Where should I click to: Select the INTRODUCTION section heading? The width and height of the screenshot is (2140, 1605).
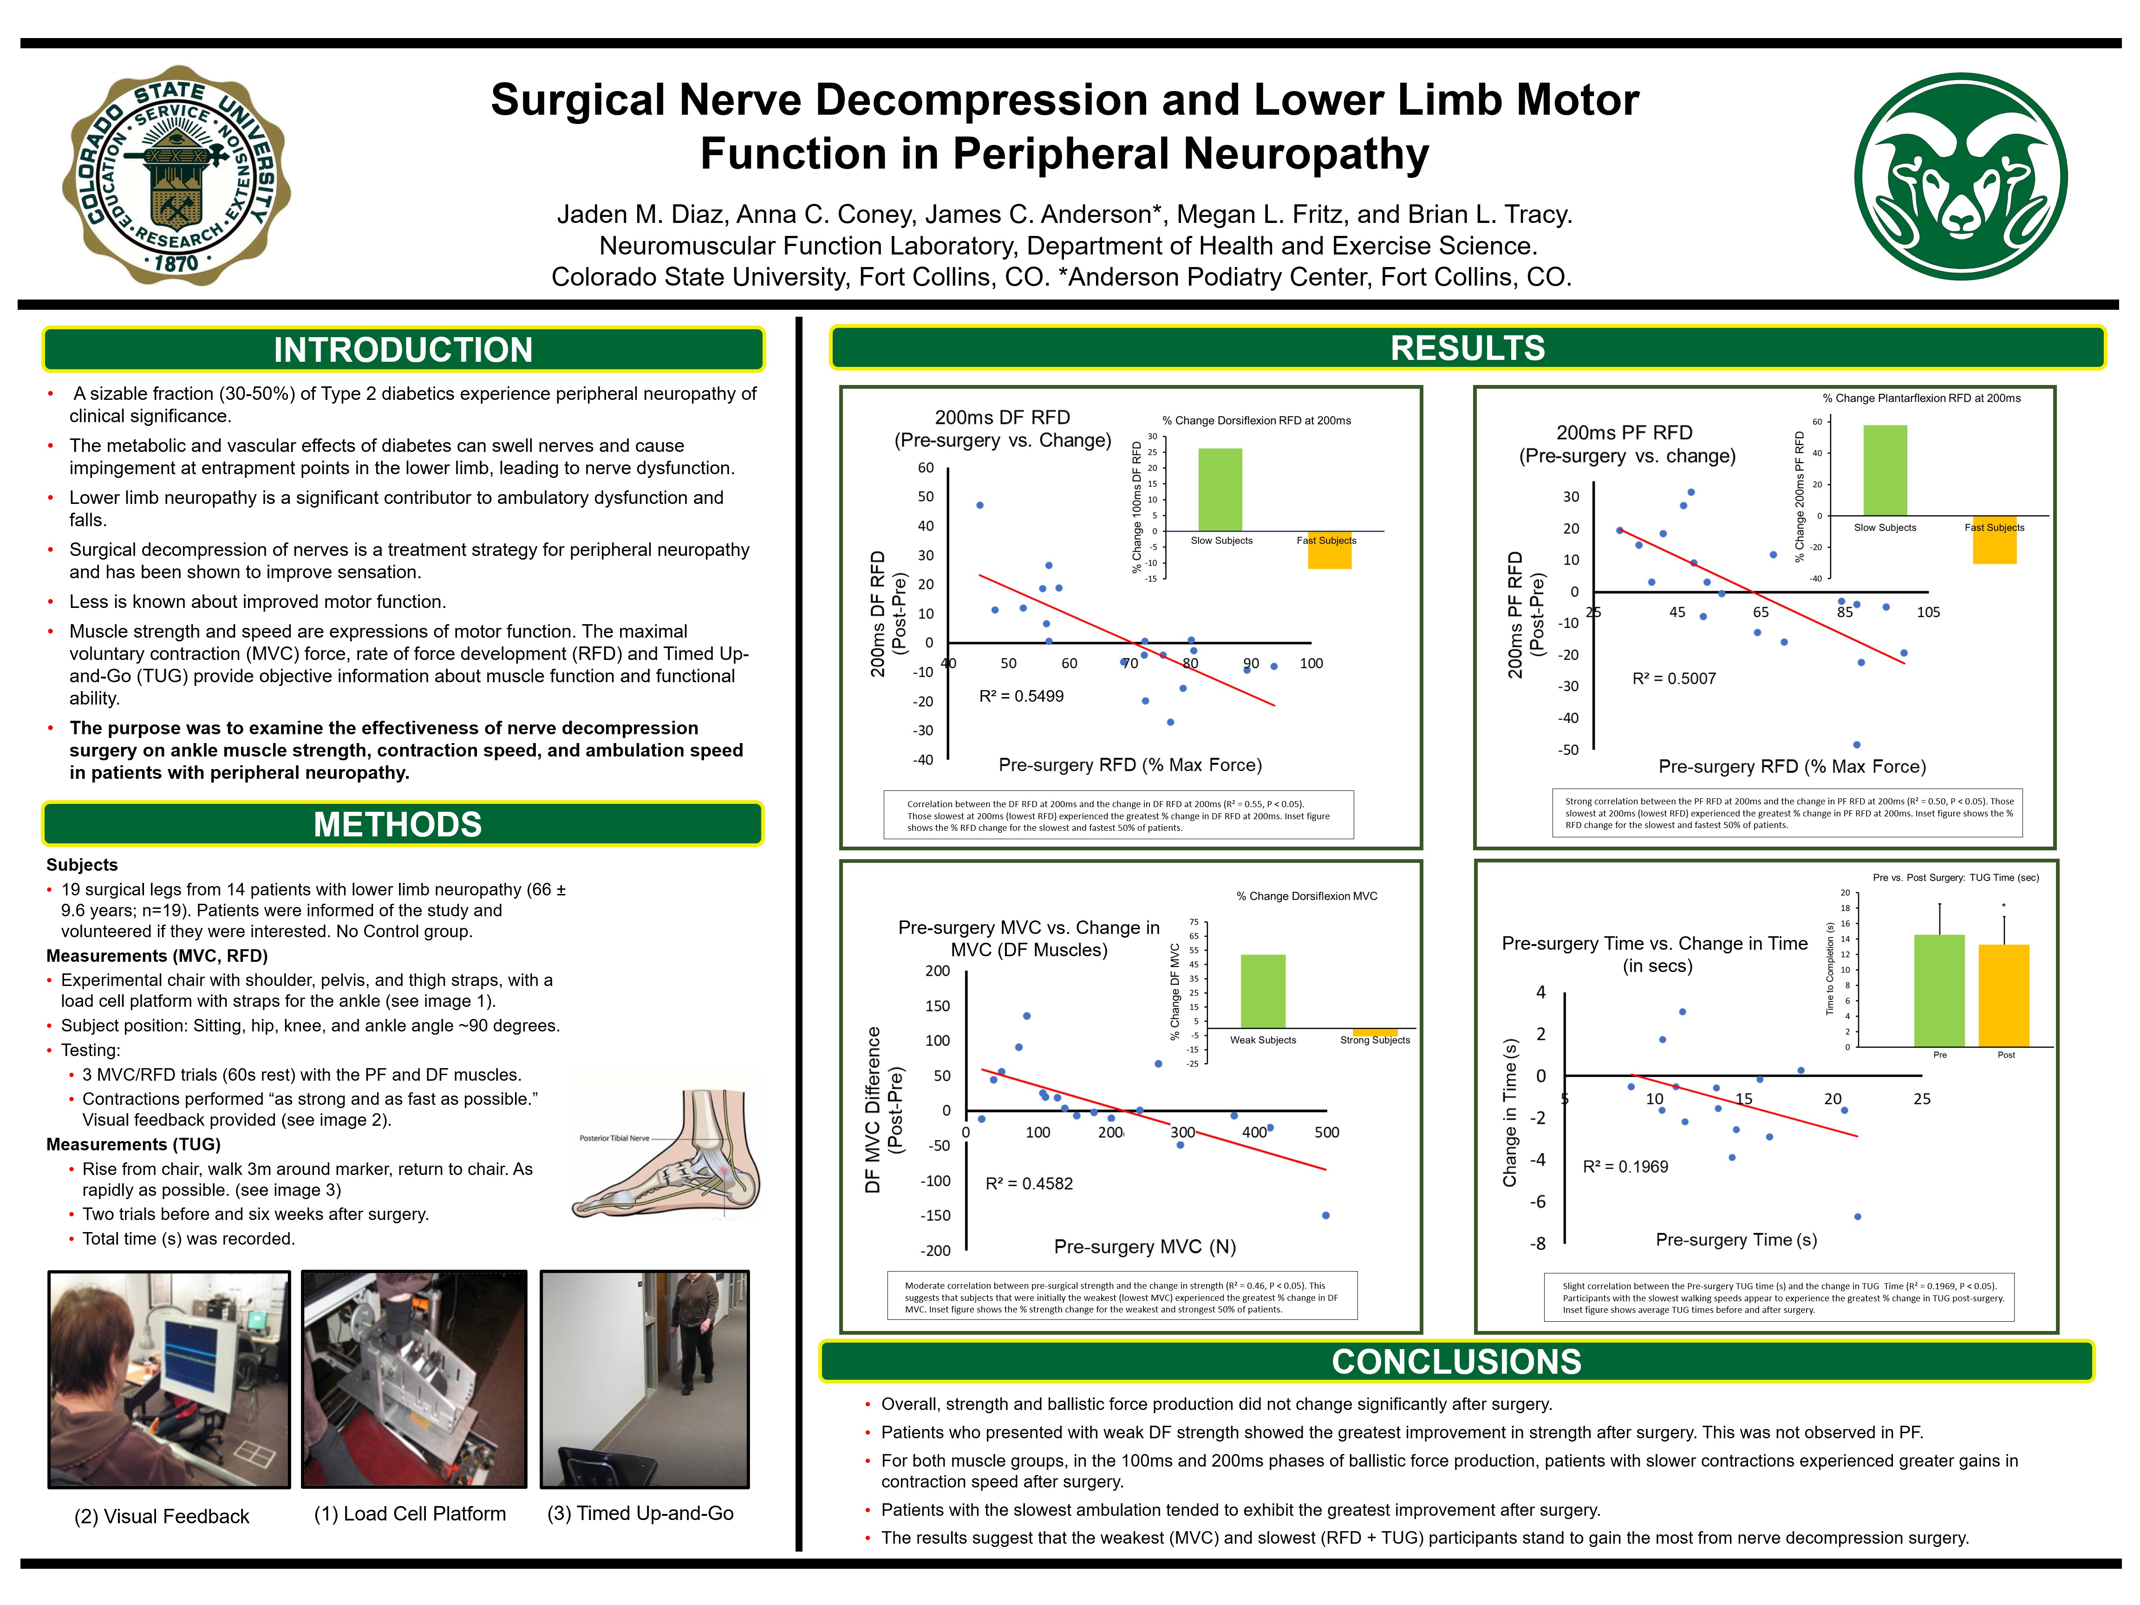(403, 349)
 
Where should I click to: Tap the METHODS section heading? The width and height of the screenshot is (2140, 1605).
(398, 824)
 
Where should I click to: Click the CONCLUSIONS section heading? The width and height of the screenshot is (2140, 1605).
(1456, 1361)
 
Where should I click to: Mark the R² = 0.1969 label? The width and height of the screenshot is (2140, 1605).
(1625, 1167)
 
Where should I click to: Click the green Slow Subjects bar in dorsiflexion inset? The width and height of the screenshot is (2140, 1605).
(1220, 489)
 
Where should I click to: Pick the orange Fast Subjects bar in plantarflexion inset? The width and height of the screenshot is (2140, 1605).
(1994, 540)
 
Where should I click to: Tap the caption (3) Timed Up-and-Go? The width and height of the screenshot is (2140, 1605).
(640, 1513)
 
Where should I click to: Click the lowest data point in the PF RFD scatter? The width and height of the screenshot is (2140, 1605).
(1857, 745)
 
